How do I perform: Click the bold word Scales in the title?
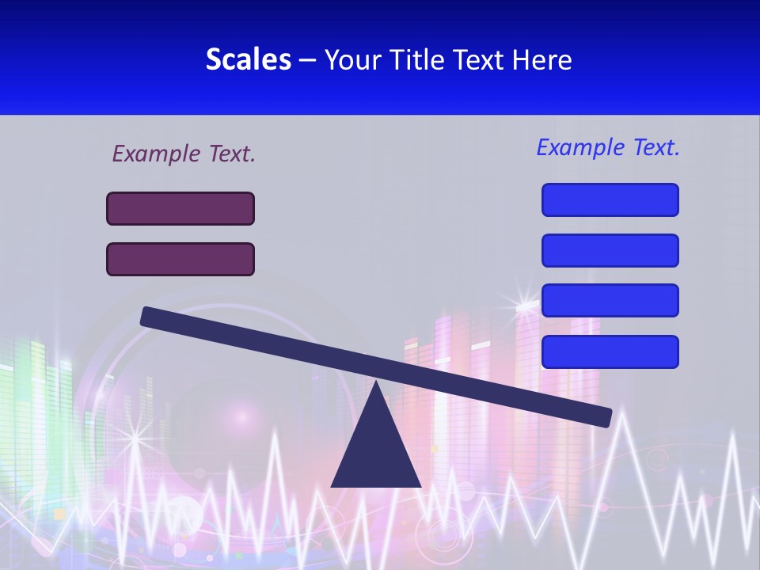[x=248, y=59]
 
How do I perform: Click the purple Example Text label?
[x=184, y=154]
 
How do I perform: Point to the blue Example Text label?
[x=608, y=147]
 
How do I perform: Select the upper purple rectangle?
[x=180, y=208]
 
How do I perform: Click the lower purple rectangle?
[x=180, y=259]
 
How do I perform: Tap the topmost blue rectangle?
[x=610, y=199]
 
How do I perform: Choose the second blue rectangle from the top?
[x=610, y=250]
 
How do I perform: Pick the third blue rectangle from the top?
[x=610, y=300]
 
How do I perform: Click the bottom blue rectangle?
[x=610, y=351]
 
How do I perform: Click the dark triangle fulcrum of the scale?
[x=375, y=447]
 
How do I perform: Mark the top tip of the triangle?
[x=375, y=384]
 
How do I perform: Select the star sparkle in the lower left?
[x=134, y=436]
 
